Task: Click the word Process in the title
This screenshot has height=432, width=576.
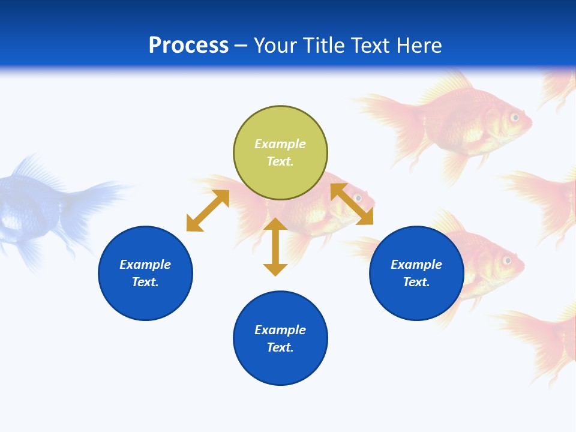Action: [x=188, y=46]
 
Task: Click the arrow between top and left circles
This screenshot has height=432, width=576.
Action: [x=208, y=211]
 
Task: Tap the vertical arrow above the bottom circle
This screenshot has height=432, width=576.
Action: [x=275, y=247]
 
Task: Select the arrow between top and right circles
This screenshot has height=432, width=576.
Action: [x=352, y=204]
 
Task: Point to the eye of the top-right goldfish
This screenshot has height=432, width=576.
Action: [x=514, y=118]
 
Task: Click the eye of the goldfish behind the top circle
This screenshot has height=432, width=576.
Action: [x=358, y=197]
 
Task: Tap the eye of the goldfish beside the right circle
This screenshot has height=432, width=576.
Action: [x=507, y=260]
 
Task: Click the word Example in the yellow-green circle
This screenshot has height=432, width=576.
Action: [x=280, y=144]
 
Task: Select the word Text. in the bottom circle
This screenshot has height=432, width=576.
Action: [x=280, y=347]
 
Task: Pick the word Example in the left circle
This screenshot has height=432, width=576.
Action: [x=145, y=265]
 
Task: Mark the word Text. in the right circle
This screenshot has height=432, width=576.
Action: [x=416, y=282]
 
